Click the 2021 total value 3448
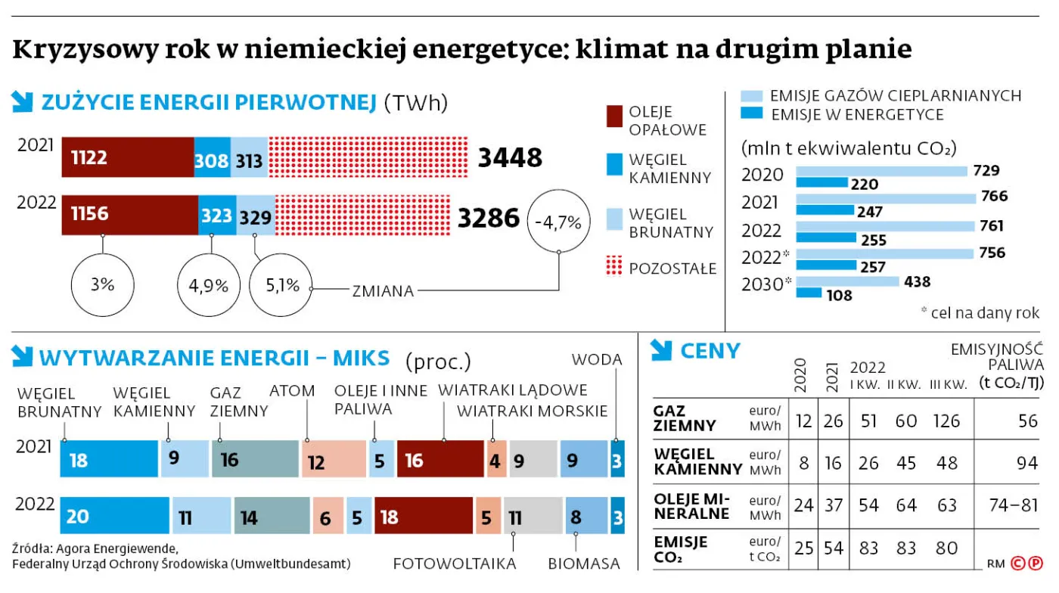tap(510, 158)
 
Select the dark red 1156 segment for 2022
tap(129, 215)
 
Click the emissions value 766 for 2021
tap(993, 197)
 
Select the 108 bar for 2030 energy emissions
tap(809, 293)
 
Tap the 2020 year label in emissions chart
tap(762, 175)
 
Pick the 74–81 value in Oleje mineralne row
tap(1013, 505)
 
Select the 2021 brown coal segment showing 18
tap(110, 460)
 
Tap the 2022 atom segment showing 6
tap(328, 517)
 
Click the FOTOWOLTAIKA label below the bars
tap(455, 564)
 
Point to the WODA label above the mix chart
tap(597, 360)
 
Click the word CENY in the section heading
tap(710, 351)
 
